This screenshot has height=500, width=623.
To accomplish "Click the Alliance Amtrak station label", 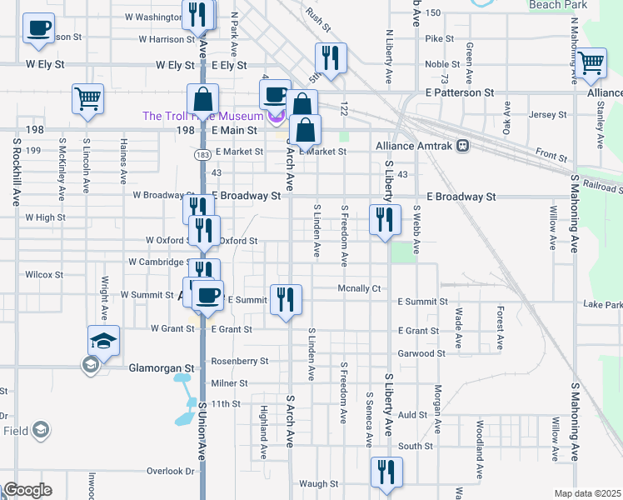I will [414, 145].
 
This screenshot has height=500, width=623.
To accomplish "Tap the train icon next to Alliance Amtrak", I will [461, 145].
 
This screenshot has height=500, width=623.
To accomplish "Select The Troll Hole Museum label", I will [203, 117].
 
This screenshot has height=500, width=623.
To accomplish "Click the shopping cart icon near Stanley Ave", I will [591, 62].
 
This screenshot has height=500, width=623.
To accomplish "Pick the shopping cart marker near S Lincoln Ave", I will [87, 99].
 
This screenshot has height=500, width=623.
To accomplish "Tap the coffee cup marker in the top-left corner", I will [38, 29].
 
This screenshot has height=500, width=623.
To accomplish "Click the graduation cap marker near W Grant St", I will [104, 341].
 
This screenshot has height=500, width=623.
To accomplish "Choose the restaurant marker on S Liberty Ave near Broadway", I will [384, 220].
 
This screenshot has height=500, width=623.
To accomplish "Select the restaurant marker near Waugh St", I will [386, 472].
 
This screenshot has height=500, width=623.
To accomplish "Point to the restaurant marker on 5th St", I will [331, 58].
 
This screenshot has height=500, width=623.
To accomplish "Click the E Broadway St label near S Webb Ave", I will [461, 197].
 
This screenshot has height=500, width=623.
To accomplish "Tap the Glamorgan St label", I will [160, 367].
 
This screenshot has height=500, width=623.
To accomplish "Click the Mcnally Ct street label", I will [358, 288].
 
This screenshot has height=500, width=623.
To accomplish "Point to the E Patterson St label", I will [460, 92].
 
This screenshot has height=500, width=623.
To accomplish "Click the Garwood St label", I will [421, 353].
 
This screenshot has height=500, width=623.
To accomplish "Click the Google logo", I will [27, 490].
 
